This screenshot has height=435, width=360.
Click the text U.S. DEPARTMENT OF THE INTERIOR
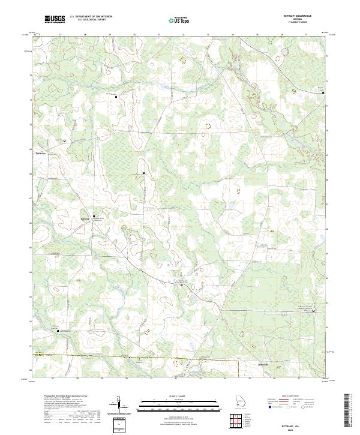(x=91, y=17)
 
